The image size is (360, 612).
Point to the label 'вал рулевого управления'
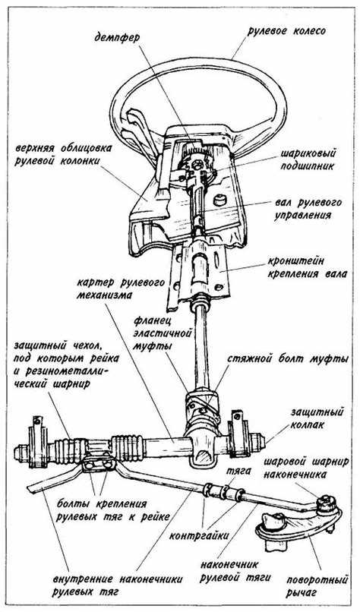tap(308, 209)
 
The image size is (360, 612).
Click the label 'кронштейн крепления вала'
tap(307, 267)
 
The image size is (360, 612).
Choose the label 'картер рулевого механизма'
tap(121, 289)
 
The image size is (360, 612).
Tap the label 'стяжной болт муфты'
tap(287, 359)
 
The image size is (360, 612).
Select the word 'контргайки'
tap(198, 535)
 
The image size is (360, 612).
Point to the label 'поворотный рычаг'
tap(316, 585)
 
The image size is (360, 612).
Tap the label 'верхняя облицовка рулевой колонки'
tap(63, 155)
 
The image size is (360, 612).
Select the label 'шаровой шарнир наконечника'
tap(306, 468)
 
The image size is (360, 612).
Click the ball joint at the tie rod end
tap(325, 503)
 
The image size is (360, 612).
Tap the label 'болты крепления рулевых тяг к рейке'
tap(112, 510)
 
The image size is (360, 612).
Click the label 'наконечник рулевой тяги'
tap(235, 571)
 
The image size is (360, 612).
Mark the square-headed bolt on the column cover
tap(220, 200)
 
